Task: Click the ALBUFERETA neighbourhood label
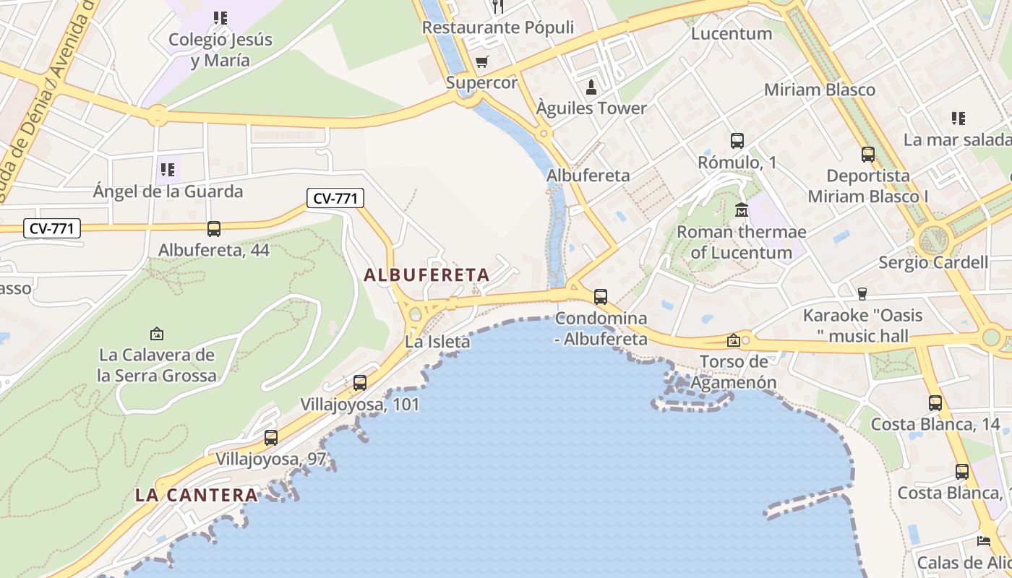(x=426, y=275)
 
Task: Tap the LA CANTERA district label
(x=197, y=495)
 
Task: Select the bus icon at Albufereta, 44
(x=214, y=229)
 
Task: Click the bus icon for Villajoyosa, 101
(x=360, y=383)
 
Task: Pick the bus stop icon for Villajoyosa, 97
(x=271, y=437)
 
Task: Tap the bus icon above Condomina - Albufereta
(x=601, y=296)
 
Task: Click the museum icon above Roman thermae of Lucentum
(x=742, y=211)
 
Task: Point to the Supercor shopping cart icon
(x=481, y=62)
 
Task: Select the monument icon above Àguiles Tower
(x=591, y=87)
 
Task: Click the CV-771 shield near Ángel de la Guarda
(x=335, y=198)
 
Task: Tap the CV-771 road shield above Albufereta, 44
(x=51, y=229)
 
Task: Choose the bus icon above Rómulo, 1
(x=737, y=141)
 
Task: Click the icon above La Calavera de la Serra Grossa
(x=157, y=334)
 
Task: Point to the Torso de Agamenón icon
(x=734, y=340)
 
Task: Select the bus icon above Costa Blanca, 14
(x=935, y=403)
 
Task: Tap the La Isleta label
(x=437, y=342)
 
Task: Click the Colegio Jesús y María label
(x=220, y=50)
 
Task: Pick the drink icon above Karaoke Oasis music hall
(x=862, y=293)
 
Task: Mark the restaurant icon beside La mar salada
(x=959, y=118)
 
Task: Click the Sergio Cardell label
(x=932, y=262)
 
